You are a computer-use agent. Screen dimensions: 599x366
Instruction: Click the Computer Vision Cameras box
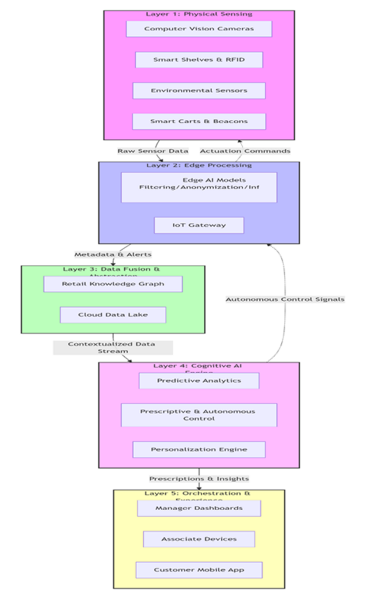click(199, 29)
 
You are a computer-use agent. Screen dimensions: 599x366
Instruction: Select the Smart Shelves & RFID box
click(199, 60)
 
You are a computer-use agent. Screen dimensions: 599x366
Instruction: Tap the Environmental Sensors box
click(199, 91)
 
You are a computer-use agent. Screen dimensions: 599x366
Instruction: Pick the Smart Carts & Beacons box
click(199, 122)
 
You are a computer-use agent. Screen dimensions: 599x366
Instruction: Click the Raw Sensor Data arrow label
click(153, 151)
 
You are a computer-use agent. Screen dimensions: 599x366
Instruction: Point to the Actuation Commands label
click(245, 151)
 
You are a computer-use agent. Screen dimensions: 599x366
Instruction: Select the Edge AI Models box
click(199, 187)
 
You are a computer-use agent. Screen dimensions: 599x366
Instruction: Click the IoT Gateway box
click(199, 225)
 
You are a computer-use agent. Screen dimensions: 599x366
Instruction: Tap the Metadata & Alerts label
click(112, 254)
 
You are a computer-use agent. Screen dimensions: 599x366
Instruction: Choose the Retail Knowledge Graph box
click(113, 284)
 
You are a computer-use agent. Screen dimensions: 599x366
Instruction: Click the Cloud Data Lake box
click(113, 315)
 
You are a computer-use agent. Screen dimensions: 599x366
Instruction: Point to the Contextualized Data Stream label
click(112, 348)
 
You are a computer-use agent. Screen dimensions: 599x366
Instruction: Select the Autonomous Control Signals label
click(285, 299)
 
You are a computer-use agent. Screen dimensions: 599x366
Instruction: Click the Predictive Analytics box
click(199, 381)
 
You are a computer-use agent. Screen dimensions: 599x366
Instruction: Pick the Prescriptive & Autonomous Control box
click(199, 415)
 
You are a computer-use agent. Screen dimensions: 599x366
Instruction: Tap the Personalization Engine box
click(199, 449)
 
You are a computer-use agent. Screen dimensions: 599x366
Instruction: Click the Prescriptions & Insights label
click(199, 478)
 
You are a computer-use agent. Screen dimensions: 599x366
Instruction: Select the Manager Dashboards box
click(199, 508)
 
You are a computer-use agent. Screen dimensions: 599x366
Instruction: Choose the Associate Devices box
click(199, 539)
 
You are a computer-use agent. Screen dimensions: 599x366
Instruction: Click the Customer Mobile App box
click(199, 570)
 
